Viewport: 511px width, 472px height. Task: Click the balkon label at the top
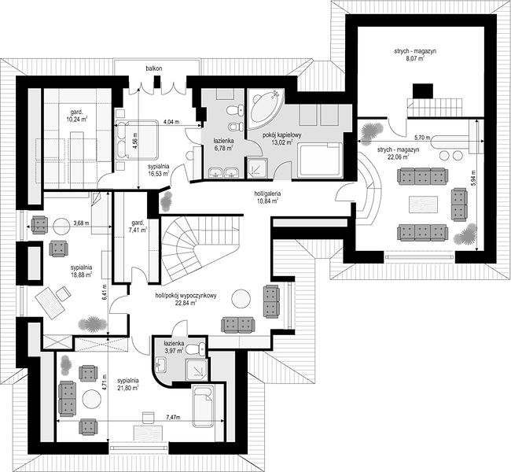click(x=154, y=68)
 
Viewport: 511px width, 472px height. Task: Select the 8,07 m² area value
click(x=415, y=59)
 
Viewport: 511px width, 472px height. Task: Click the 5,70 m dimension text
click(x=423, y=138)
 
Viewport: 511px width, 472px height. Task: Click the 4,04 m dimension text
click(x=171, y=122)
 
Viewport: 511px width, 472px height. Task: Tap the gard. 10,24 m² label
click(x=76, y=116)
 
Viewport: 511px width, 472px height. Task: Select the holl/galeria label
click(x=267, y=194)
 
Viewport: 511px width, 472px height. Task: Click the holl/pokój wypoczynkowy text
click(x=186, y=296)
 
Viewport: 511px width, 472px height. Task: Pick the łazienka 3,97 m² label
click(x=174, y=347)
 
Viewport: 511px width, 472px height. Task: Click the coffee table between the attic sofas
click(x=423, y=205)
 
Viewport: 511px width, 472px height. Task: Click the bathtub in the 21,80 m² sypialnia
click(x=203, y=406)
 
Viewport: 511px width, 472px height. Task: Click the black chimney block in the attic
click(x=423, y=90)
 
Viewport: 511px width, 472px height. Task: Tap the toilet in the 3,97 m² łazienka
click(x=197, y=350)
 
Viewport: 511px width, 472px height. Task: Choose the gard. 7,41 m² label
click(x=138, y=227)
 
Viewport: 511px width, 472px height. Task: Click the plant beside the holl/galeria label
click(x=166, y=200)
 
